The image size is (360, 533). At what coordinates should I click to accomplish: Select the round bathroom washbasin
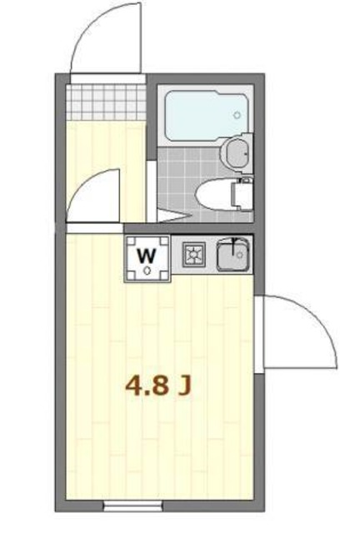click(237, 151)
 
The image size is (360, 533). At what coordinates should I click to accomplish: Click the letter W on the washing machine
click(147, 254)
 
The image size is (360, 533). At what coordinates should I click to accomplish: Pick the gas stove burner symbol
click(194, 255)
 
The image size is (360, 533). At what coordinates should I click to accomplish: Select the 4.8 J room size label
click(159, 386)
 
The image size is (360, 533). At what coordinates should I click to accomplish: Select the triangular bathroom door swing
click(171, 214)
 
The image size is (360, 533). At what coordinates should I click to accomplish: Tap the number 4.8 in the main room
click(147, 386)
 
